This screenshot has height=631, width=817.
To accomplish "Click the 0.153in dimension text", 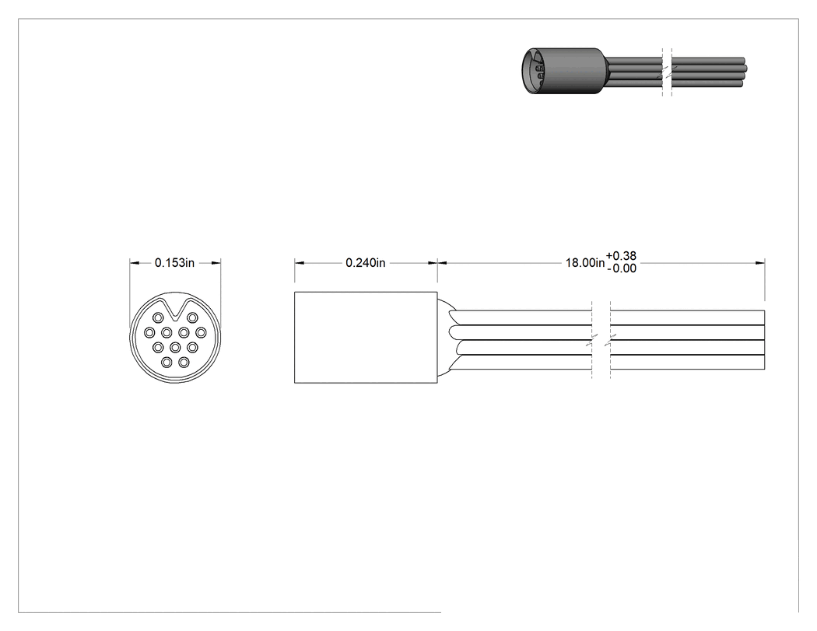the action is click(174, 263).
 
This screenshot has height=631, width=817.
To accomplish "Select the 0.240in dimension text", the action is click(366, 263).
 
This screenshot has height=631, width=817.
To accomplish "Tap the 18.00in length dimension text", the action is click(585, 263).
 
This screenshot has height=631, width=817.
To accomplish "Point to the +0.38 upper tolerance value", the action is click(621, 256).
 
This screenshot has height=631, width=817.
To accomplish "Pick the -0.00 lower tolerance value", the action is click(622, 269).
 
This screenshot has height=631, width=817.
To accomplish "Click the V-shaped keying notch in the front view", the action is click(176, 310).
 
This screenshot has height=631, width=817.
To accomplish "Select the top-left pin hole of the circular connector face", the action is click(158, 317).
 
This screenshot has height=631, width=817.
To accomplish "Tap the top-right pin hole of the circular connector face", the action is click(192, 317).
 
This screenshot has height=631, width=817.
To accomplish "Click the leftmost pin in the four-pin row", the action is click(149, 332).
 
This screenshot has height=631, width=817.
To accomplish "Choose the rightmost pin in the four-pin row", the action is click(201, 332).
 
